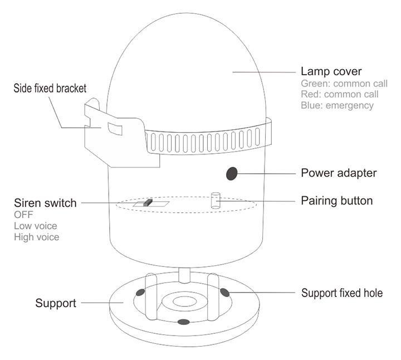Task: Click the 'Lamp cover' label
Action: [x=331, y=71]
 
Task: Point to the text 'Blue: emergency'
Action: [x=337, y=105]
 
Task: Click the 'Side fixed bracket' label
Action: [x=50, y=89]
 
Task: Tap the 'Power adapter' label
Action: [x=339, y=173]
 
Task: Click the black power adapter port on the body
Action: [x=231, y=174]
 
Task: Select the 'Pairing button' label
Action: [x=336, y=201]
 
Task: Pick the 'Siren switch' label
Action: [x=45, y=203]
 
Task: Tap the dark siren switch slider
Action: [x=147, y=203]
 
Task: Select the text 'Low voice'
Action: [x=35, y=226]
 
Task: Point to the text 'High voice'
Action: [x=36, y=237]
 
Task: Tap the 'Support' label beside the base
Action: [x=56, y=304]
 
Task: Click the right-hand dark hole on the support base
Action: [x=225, y=292]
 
